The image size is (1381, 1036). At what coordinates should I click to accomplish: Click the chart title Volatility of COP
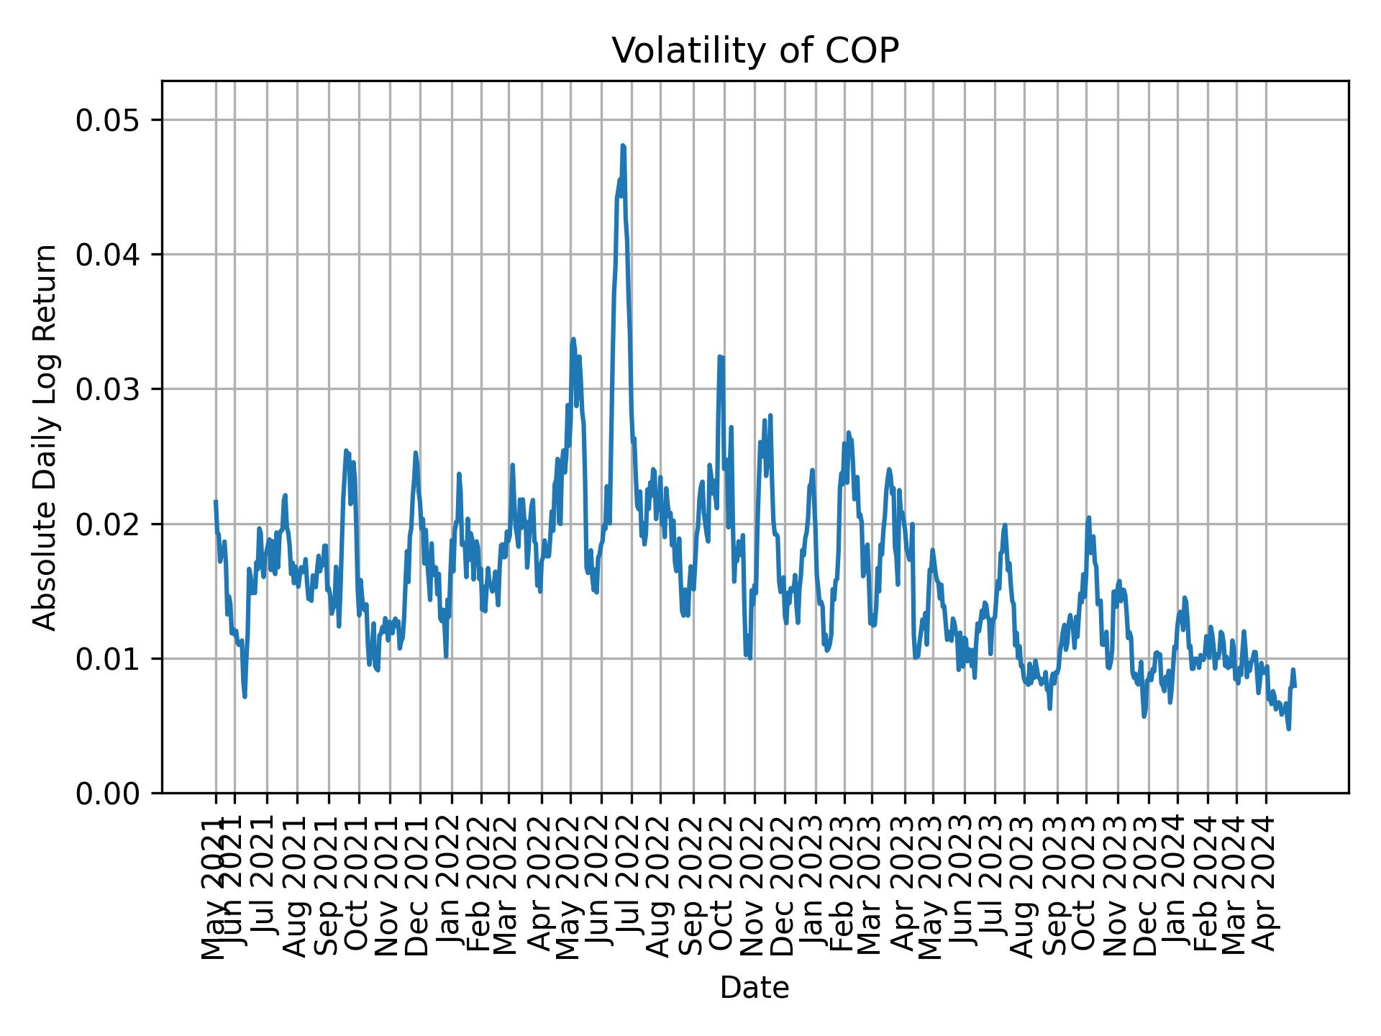click(755, 51)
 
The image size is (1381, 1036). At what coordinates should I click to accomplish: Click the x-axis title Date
click(755, 988)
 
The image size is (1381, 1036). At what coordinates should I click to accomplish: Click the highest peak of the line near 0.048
click(623, 146)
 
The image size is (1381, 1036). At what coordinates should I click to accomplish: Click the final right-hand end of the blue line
click(1295, 686)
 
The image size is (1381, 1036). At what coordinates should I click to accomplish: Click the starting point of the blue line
click(215, 501)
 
